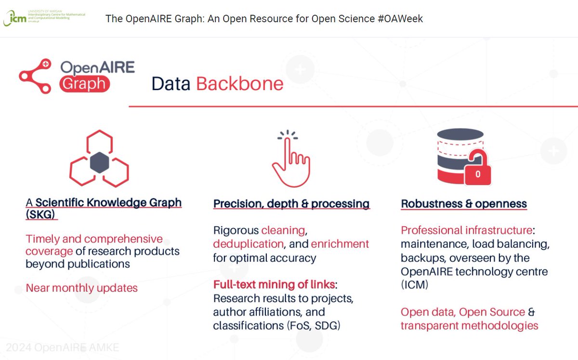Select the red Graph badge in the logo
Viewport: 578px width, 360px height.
click(x=85, y=83)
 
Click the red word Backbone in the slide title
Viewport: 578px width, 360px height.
click(x=239, y=84)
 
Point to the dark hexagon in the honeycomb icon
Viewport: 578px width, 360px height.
click(x=99, y=162)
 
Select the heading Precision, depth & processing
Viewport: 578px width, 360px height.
click(x=291, y=204)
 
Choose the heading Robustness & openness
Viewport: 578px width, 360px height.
click(x=464, y=204)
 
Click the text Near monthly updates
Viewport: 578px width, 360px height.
click(x=82, y=288)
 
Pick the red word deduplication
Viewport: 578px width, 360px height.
click(x=248, y=244)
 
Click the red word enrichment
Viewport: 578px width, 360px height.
click(x=340, y=244)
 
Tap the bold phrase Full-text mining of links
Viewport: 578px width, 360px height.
click(x=275, y=284)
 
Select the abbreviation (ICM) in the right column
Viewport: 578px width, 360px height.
click(x=414, y=285)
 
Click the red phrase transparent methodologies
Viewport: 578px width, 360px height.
click(x=469, y=325)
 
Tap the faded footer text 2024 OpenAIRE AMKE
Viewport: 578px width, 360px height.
click(x=62, y=347)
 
